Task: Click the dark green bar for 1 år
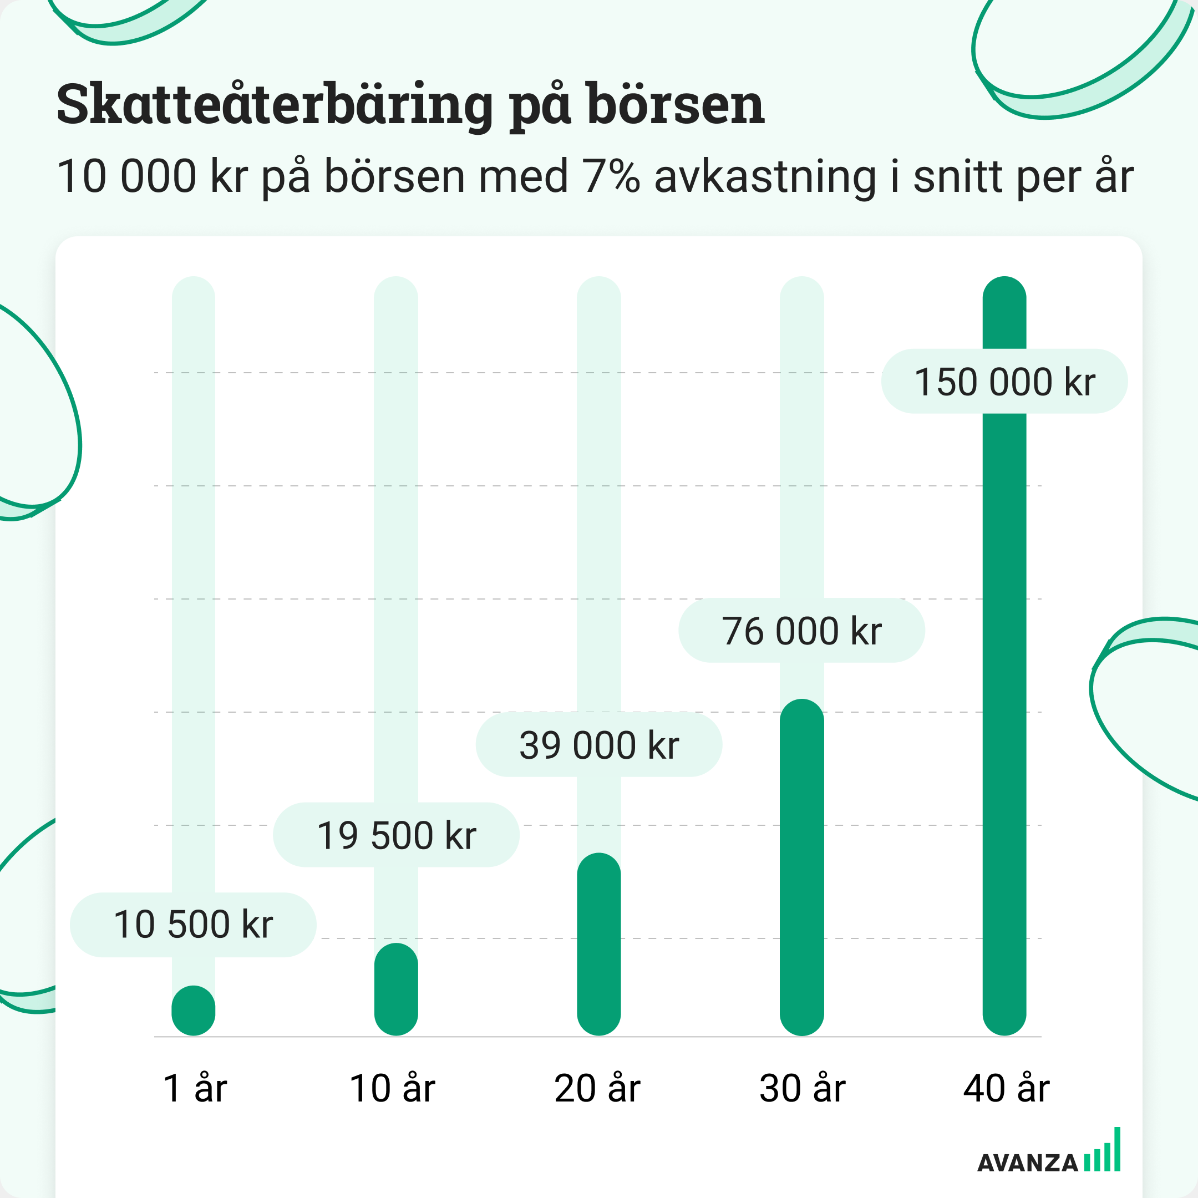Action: click(x=194, y=1010)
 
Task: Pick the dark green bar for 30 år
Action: click(x=802, y=868)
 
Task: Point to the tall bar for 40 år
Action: click(x=1004, y=682)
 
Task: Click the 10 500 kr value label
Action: click(x=193, y=925)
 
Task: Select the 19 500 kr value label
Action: click(x=396, y=835)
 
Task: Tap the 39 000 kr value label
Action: click(x=599, y=744)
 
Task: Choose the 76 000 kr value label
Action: click(x=802, y=631)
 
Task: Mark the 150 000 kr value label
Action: click(x=1004, y=382)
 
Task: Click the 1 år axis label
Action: click(x=195, y=1088)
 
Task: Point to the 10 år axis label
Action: click(x=393, y=1088)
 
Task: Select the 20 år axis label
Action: click(x=597, y=1088)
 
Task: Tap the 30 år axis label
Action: click(x=803, y=1088)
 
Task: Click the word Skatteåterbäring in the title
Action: click(x=275, y=104)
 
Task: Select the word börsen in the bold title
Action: click(x=676, y=104)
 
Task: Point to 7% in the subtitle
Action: click(x=611, y=176)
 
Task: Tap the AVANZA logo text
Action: click(x=1028, y=1163)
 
